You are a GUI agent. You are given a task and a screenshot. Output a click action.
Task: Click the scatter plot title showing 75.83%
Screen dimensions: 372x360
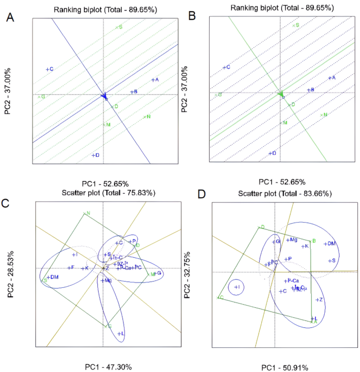click(x=104, y=193)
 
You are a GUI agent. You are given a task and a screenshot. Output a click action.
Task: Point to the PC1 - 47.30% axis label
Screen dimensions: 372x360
click(x=108, y=366)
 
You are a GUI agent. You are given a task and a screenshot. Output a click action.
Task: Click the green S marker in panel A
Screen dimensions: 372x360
click(x=118, y=27)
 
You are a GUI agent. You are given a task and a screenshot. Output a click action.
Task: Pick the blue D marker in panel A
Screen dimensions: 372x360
click(x=95, y=155)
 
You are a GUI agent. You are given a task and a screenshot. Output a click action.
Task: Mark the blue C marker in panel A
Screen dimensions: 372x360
click(x=49, y=69)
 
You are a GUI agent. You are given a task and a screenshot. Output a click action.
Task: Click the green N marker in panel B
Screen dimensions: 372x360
click(x=323, y=115)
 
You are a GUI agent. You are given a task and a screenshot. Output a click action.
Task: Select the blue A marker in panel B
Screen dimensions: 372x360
click(x=331, y=78)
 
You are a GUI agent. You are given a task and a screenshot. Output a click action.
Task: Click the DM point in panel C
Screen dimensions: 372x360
click(x=53, y=277)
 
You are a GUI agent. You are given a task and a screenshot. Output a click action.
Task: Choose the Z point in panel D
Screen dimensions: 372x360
click(x=318, y=299)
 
